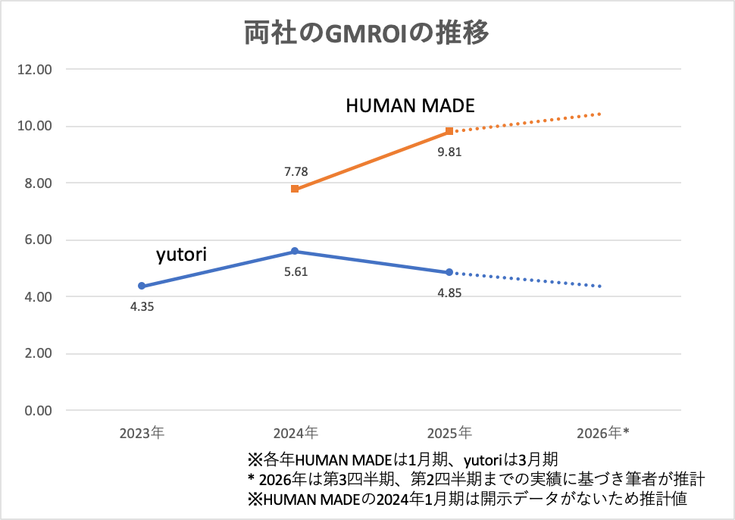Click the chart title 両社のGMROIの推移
click(367, 34)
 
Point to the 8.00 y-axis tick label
click(37, 183)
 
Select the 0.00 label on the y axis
click(37, 411)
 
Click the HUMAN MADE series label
click(410, 106)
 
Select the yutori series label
click(181, 255)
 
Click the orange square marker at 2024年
click(295, 189)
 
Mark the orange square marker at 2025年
click(449, 131)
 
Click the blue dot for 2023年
click(141, 286)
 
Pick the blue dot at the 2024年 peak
click(295, 251)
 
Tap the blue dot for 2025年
click(449, 272)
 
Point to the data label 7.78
click(295, 172)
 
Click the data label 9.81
click(449, 152)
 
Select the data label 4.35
click(142, 307)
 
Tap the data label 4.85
click(449, 293)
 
